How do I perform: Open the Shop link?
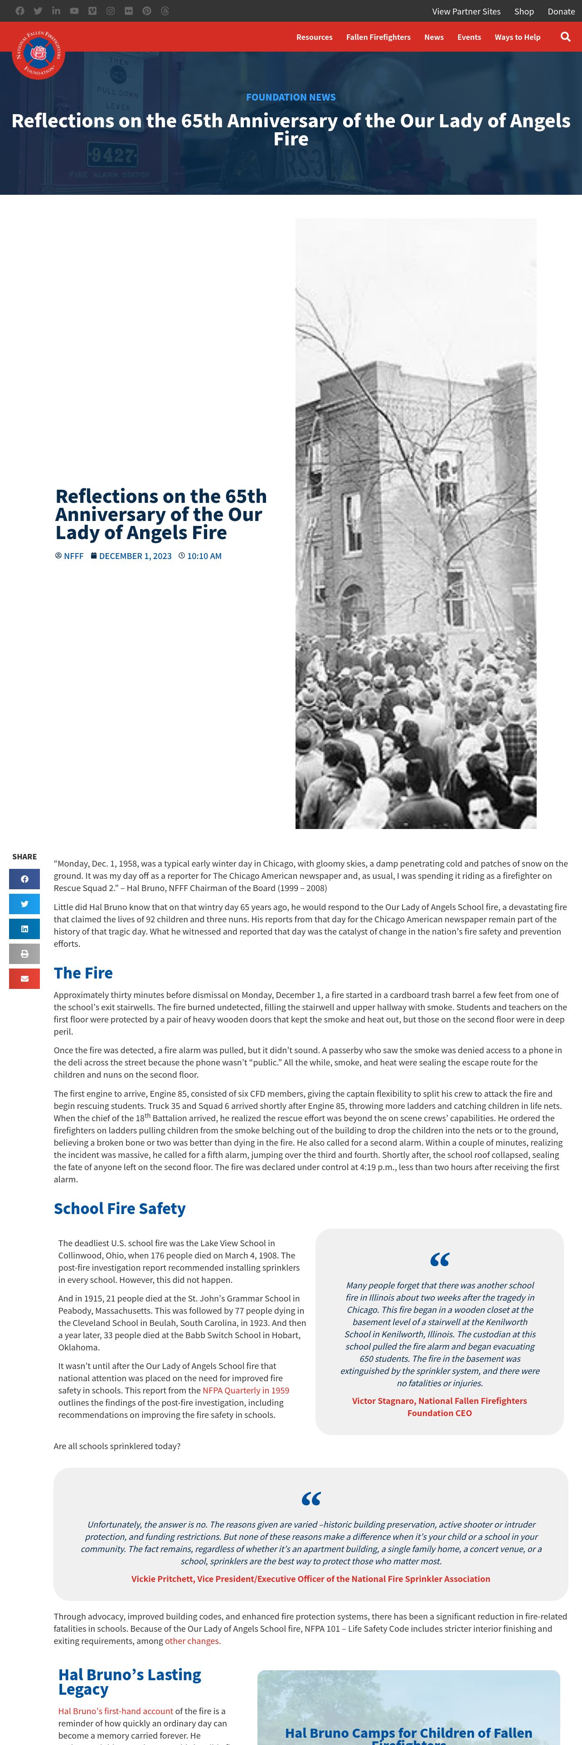pos(524,11)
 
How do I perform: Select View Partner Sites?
pos(466,11)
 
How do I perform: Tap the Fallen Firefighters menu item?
pos(378,37)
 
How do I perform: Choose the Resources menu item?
pos(315,37)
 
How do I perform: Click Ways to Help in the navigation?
pos(517,37)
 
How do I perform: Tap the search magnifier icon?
pos(565,37)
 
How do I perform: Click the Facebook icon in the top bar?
pos(19,11)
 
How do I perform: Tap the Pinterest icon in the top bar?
pos(146,11)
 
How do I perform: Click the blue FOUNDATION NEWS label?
pos(291,97)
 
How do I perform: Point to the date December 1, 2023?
pos(135,556)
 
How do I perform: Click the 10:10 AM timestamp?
pos(204,556)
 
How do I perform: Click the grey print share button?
pos(24,954)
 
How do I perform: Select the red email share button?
pos(24,978)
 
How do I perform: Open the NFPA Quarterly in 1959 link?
pos(246,1390)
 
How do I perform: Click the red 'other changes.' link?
pos(193,1641)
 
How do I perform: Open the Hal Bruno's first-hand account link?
pos(115,1711)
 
